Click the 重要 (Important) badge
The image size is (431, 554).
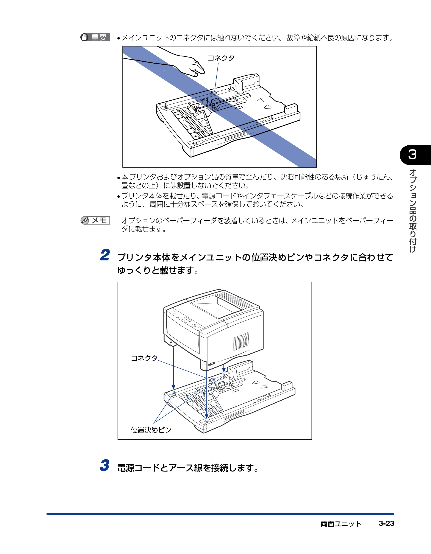95,37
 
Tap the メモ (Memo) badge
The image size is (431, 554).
95,220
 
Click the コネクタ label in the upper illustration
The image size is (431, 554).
221,58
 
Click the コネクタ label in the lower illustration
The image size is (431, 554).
144,358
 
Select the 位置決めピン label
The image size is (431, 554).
151,430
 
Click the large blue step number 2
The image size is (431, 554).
105,255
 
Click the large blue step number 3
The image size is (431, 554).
105,465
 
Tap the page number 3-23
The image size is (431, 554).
386,523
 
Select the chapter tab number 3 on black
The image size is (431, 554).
412,154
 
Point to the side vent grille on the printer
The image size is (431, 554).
241,341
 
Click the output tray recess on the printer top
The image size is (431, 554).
217,306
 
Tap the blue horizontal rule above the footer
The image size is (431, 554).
220,514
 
